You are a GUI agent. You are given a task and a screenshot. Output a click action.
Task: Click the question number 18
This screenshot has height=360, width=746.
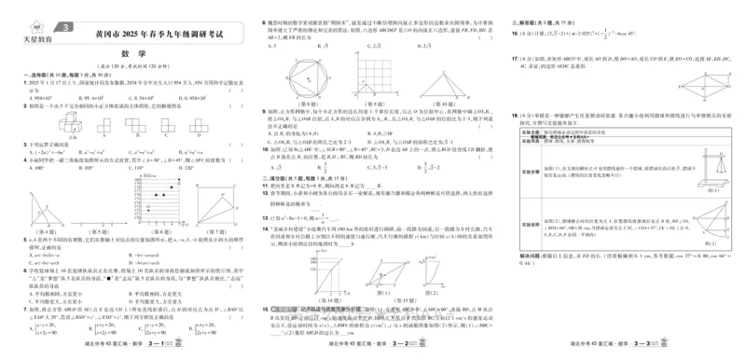[517, 117]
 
